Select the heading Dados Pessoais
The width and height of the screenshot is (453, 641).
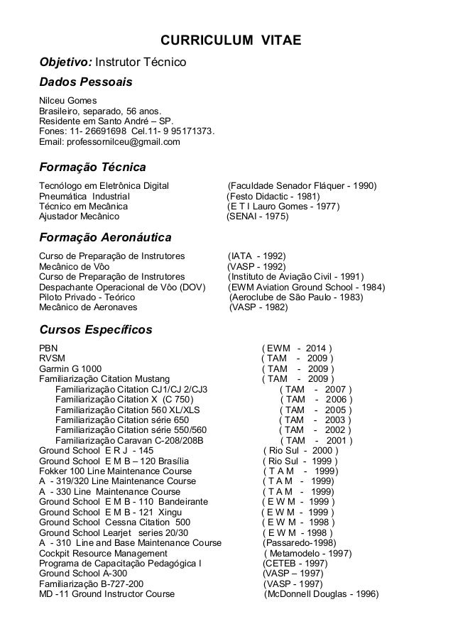[x=86, y=82]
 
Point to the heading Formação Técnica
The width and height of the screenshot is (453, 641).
[x=92, y=168]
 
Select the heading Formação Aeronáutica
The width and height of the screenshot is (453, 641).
[x=105, y=237]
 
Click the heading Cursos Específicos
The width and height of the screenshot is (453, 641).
[x=95, y=329]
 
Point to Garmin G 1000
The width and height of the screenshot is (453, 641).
[x=70, y=368]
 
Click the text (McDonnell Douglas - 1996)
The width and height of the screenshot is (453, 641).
[x=321, y=594]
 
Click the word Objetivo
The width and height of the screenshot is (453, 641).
[x=61, y=64]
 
